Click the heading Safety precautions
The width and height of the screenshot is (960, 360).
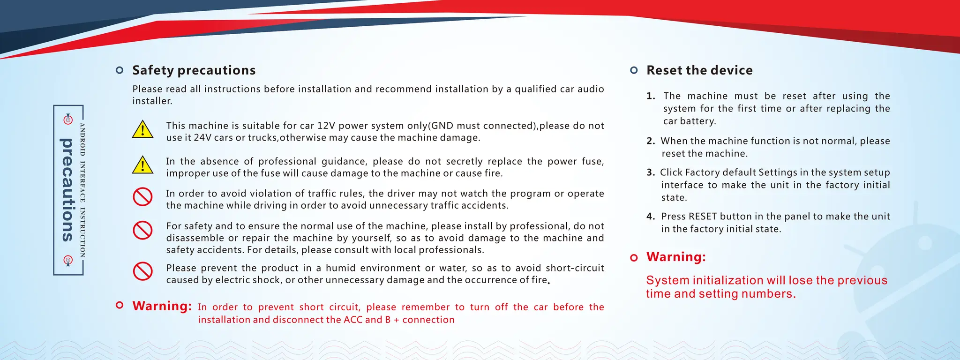tap(194, 70)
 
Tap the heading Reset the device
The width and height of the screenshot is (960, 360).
tap(699, 70)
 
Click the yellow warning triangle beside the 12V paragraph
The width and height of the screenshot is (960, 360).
tap(142, 129)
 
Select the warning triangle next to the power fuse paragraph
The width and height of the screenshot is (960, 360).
tap(142, 165)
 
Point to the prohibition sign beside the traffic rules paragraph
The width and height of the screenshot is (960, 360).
tap(142, 197)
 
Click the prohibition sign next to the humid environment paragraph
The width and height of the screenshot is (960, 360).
tap(142, 271)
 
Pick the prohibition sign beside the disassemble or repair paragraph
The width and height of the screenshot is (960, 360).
tap(142, 230)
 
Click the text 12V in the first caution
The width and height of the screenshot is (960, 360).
tap(326, 126)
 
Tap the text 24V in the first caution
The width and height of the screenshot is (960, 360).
tap(202, 138)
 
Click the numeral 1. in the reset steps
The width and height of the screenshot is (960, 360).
tap(651, 96)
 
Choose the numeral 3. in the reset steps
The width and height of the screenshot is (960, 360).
tap(651, 172)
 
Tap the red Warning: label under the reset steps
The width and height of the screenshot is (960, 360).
tap(676, 257)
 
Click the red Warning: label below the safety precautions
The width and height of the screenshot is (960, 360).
tap(162, 306)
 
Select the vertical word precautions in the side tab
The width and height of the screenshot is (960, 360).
tap(68, 190)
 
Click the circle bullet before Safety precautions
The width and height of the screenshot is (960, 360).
tap(120, 70)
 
